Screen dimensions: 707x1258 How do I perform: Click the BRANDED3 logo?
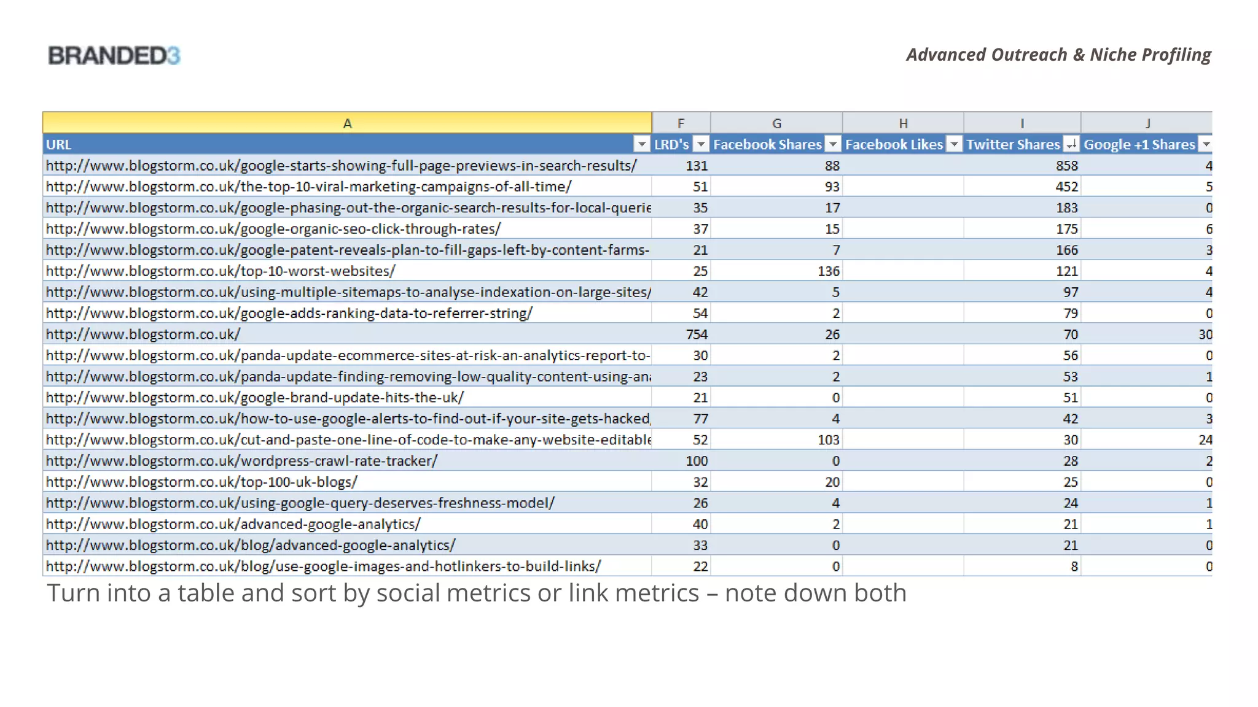[x=114, y=56]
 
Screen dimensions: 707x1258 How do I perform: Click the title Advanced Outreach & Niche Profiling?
[x=1058, y=55]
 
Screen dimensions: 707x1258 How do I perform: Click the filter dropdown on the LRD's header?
[x=701, y=145]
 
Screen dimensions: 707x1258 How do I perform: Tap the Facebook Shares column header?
[x=767, y=145]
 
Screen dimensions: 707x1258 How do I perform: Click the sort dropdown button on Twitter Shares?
[x=1071, y=145]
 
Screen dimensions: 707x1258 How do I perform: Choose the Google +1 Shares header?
[x=1139, y=145]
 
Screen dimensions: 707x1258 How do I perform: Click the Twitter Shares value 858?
[x=1067, y=166]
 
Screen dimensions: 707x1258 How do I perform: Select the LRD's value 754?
[x=697, y=334]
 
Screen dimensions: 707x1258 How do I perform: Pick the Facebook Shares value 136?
[x=829, y=271]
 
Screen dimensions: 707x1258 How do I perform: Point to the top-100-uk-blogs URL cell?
[x=201, y=482]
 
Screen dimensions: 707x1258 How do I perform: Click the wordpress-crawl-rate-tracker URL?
[x=241, y=461]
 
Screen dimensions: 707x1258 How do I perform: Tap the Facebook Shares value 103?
[x=829, y=440]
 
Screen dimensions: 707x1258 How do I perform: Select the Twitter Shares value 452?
[x=1067, y=187]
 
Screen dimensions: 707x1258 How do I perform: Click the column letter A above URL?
[x=347, y=123]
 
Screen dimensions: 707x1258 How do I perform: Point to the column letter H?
[x=903, y=123]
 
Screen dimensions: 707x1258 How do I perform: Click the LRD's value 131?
[x=697, y=166]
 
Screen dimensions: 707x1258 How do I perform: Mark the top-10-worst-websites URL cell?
[x=221, y=271]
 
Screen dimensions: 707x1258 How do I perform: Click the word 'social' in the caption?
[x=410, y=593]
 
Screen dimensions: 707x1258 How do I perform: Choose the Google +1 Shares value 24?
[x=1205, y=440]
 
